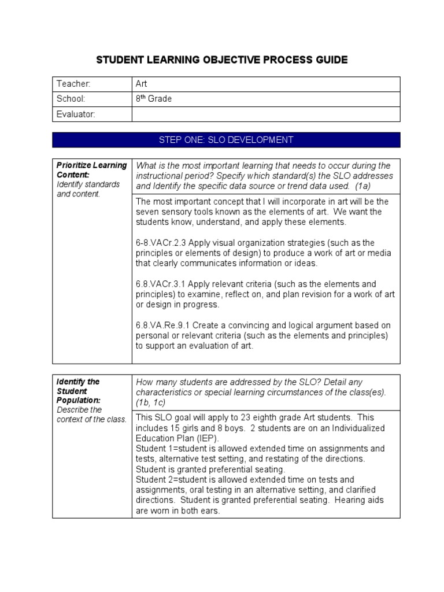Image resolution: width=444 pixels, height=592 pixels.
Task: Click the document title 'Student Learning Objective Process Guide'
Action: click(x=221, y=60)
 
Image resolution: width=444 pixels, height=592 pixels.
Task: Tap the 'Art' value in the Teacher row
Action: click(x=142, y=84)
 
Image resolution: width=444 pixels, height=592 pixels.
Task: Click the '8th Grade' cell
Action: click(x=153, y=99)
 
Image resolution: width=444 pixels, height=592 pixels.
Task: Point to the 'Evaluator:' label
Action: click(x=75, y=114)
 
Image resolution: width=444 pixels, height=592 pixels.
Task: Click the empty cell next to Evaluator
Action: click(x=266, y=114)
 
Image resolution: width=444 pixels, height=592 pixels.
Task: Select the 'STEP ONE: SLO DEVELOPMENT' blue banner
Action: click(x=226, y=140)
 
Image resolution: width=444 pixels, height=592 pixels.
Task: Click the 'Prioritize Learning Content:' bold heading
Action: click(x=91, y=169)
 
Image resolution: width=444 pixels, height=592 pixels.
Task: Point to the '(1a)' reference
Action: click(x=360, y=186)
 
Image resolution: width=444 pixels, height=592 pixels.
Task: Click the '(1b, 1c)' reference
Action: click(x=152, y=402)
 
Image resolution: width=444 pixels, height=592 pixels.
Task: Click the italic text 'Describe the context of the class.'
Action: click(x=91, y=415)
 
